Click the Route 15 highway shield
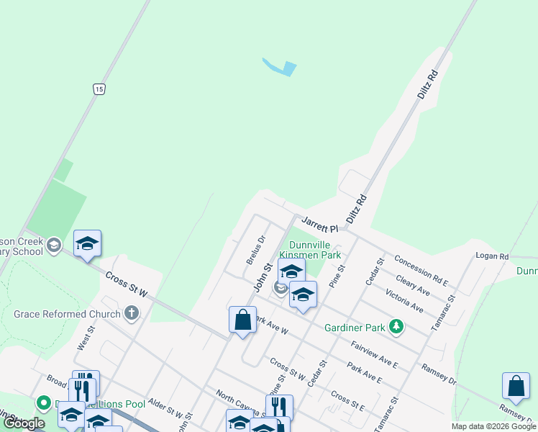point(99,89)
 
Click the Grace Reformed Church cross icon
point(130,313)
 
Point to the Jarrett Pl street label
point(319,223)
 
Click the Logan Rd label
point(492,256)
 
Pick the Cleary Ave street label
point(413,284)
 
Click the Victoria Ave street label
point(404,300)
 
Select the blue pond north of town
point(281,68)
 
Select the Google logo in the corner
point(24,423)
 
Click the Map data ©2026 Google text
point(493,426)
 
